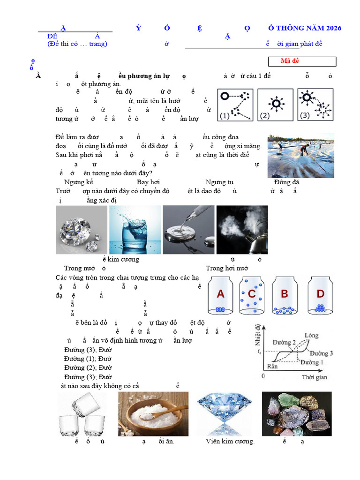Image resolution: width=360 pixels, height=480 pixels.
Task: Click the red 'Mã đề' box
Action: click(x=302, y=61)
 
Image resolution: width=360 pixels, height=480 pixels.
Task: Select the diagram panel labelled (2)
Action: click(x=276, y=105)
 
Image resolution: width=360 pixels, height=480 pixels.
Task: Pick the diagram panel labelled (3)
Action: click(x=315, y=105)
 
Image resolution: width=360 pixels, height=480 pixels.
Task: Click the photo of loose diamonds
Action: click(x=81, y=230)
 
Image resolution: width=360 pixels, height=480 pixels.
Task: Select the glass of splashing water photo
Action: click(x=135, y=230)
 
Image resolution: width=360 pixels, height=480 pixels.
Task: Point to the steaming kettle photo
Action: click(x=242, y=230)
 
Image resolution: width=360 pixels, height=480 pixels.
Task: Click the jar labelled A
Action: click(x=220, y=296)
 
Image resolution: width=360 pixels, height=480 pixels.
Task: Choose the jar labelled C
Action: click(x=252, y=296)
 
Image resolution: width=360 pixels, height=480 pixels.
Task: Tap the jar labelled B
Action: click(x=285, y=296)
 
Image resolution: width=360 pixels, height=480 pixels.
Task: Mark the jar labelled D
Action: click(x=320, y=296)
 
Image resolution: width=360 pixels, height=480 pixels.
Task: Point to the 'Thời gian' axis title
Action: click(x=314, y=377)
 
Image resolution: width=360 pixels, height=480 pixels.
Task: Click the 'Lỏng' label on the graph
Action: click(x=311, y=336)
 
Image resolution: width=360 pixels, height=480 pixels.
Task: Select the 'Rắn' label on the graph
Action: click(x=272, y=366)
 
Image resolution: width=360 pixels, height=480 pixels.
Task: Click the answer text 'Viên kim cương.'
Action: click(x=230, y=442)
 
